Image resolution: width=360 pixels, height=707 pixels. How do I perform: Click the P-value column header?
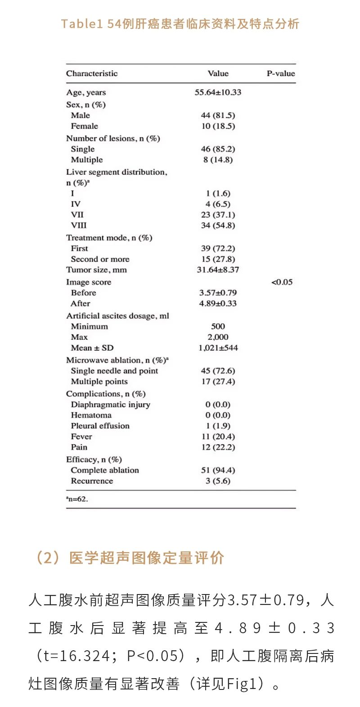281,73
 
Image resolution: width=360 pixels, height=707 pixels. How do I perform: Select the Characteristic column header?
92,73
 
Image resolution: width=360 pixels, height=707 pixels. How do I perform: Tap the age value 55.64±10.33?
218,92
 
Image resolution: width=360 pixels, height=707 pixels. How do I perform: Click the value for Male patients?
218,115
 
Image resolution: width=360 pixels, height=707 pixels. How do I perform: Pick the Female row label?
84,126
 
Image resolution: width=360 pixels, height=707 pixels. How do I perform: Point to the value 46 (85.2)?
218,149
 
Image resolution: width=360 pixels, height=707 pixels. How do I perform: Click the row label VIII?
79,225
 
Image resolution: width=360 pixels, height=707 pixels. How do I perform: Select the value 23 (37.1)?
218,215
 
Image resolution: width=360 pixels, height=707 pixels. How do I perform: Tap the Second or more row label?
100,259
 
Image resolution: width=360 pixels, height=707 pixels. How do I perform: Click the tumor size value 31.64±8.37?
218,270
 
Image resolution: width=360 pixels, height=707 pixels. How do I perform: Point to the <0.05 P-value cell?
282,282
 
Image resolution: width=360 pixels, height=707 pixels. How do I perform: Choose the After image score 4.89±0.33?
218,303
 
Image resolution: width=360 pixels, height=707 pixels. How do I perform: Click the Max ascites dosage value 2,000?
218,337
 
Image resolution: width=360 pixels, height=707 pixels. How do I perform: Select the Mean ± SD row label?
92,348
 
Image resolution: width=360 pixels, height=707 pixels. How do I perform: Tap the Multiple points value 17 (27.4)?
218,382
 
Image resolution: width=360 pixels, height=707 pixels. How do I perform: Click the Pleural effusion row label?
100,426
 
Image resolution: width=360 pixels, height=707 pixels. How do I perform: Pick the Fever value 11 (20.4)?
218,437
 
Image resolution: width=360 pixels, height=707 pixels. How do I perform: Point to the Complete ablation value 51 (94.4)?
218,470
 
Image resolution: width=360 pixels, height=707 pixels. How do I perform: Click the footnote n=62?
77,499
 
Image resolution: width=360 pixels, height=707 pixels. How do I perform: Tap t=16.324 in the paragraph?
76,656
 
